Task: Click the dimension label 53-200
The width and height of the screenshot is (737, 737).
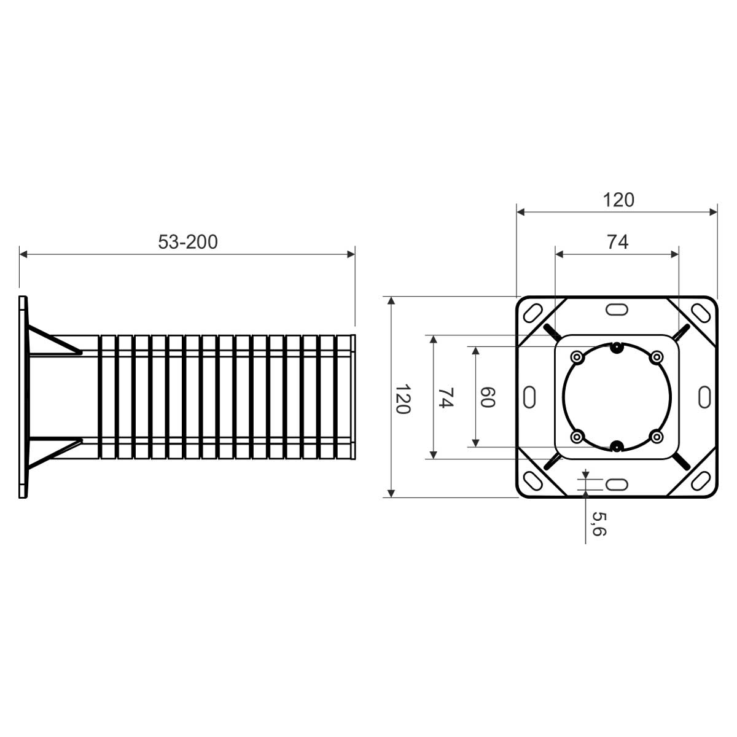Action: pyautogui.click(x=188, y=242)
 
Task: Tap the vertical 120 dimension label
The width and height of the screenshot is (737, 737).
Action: pyautogui.click(x=403, y=399)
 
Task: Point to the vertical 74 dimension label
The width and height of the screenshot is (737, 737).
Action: pyautogui.click(x=445, y=398)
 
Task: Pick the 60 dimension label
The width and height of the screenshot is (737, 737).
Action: pyautogui.click(x=488, y=397)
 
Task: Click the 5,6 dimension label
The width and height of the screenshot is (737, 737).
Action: pyautogui.click(x=599, y=524)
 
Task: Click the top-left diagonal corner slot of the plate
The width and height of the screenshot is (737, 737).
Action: pyautogui.click(x=532, y=313)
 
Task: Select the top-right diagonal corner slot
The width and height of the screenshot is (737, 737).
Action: pyautogui.click(x=701, y=313)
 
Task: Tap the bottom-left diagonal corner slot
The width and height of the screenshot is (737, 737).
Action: pyautogui.click(x=532, y=481)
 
